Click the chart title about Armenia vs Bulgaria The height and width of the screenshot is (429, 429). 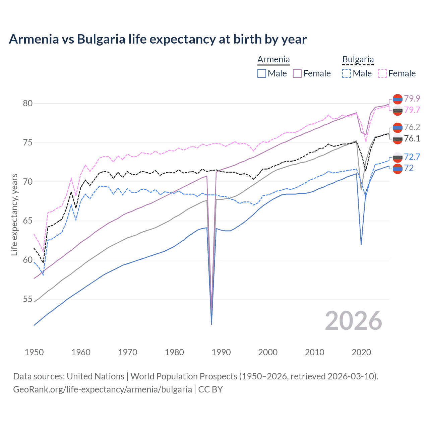click(x=158, y=39)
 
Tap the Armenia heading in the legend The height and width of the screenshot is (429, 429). click(x=273, y=59)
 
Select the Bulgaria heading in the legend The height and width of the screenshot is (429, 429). click(x=358, y=59)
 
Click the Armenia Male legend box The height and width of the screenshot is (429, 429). click(x=262, y=73)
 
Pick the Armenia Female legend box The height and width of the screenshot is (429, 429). click(x=297, y=73)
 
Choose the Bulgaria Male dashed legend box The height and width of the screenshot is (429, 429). click(x=347, y=73)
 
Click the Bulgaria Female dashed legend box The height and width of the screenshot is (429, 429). click(x=382, y=73)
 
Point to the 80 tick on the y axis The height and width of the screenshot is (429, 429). click(x=28, y=103)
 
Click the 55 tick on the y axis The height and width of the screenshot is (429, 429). click(x=28, y=299)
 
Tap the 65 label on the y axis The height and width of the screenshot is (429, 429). click(x=28, y=221)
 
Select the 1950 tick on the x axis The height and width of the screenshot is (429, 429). click(x=34, y=352)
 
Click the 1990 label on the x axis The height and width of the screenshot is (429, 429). click(x=221, y=352)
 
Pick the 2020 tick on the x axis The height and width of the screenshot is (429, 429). click(x=361, y=352)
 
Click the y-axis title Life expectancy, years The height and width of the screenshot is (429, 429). click(x=14, y=214)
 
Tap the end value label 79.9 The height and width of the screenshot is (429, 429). click(x=412, y=99)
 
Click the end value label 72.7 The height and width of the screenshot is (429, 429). click(x=412, y=157)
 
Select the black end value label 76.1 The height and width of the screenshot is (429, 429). click(x=412, y=138)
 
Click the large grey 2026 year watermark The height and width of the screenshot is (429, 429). click(x=354, y=321)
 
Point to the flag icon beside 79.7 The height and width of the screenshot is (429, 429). click(x=397, y=110)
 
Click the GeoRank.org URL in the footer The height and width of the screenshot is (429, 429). click(x=102, y=389)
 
